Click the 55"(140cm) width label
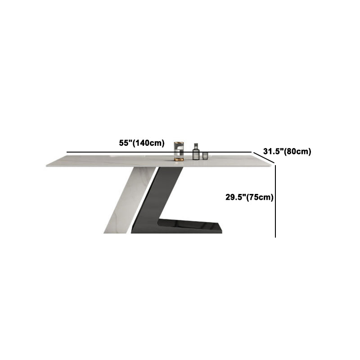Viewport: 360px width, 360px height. [142, 143]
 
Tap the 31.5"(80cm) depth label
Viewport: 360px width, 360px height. [287, 152]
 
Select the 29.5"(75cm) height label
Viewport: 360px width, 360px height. [249, 197]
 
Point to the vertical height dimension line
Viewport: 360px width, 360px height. [275, 201]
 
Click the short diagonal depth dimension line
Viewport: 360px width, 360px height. [264, 158]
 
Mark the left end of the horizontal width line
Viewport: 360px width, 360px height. [67, 152]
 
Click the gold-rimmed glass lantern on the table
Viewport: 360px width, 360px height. [179, 151]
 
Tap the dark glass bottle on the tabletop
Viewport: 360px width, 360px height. [196, 152]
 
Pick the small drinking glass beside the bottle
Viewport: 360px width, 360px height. [205, 156]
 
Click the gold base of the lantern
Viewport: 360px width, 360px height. [179, 159]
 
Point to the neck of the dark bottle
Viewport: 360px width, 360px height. [196, 146]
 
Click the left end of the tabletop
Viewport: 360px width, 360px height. [47, 165]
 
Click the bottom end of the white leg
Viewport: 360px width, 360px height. [115, 233]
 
